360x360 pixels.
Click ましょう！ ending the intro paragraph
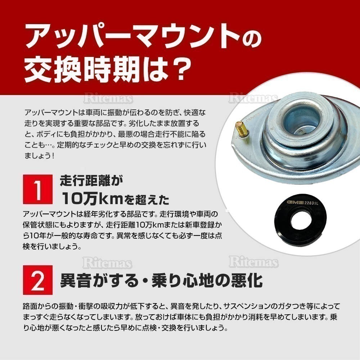[40, 157]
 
